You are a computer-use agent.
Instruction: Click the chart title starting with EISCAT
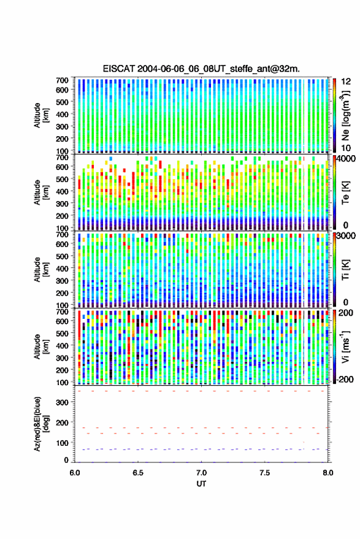pyautogui.click(x=201, y=69)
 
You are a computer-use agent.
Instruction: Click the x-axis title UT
pyautogui.click(x=201, y=484)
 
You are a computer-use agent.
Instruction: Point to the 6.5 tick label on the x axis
pyautogui.click(x=138, y=473)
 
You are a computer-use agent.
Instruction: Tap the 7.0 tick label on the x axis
pyautogui.click(x=201, y=473)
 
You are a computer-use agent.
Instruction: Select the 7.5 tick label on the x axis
pyautogui.click(x=264, y=473)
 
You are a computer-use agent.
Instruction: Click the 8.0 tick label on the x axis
pyautogui.click(x=327, y=473)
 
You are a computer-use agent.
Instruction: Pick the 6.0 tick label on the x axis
pyautogui.click(x=75, y=473)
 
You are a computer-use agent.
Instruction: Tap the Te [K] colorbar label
pyautogui.click(x=345, y=193)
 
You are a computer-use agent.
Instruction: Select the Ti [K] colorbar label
pyautogui.click(x=345, y=270)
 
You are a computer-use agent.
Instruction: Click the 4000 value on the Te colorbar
pyautogui.click(x=347, y=159)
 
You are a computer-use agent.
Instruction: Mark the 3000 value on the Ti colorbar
pyautogui.click(x=347, y=236)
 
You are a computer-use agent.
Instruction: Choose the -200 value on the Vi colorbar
pyautogui.click(x=345, y=379)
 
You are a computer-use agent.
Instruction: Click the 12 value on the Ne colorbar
pyautogui.click(x=347, y=82)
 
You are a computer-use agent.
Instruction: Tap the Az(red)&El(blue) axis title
pyautogui.click(x=42, y=424)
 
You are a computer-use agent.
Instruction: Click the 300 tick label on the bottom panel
pyautogui.click(x=62, y=402)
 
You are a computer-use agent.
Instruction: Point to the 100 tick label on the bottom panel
pyautogui.click(x=62, y=443)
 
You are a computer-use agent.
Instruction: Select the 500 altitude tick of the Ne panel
pyautogui.click(x=62, y=102)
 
